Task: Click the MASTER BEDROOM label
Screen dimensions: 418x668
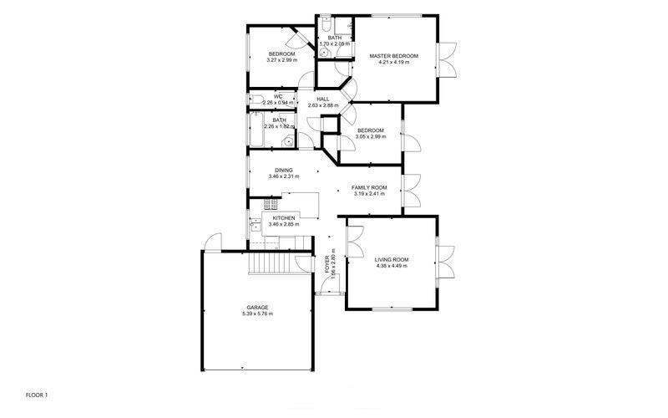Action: [x=393, y=55]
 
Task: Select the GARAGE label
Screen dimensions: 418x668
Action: [x=256, y=307]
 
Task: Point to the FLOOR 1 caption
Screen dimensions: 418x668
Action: [x=38, y=394]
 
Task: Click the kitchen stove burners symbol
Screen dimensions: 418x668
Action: [x=270, y=205]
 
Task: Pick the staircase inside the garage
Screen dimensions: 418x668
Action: [x=276, y=263]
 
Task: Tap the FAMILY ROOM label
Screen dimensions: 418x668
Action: [x=368, y=187]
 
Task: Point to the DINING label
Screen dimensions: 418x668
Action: [x=284, y=171]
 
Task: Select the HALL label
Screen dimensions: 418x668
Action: [x=322, y=99]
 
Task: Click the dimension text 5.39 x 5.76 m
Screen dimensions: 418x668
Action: [x=256, y=313]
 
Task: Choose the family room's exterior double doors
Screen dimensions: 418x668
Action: [x=410, y=192]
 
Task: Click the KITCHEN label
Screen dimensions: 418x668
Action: [x=284, y=218]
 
